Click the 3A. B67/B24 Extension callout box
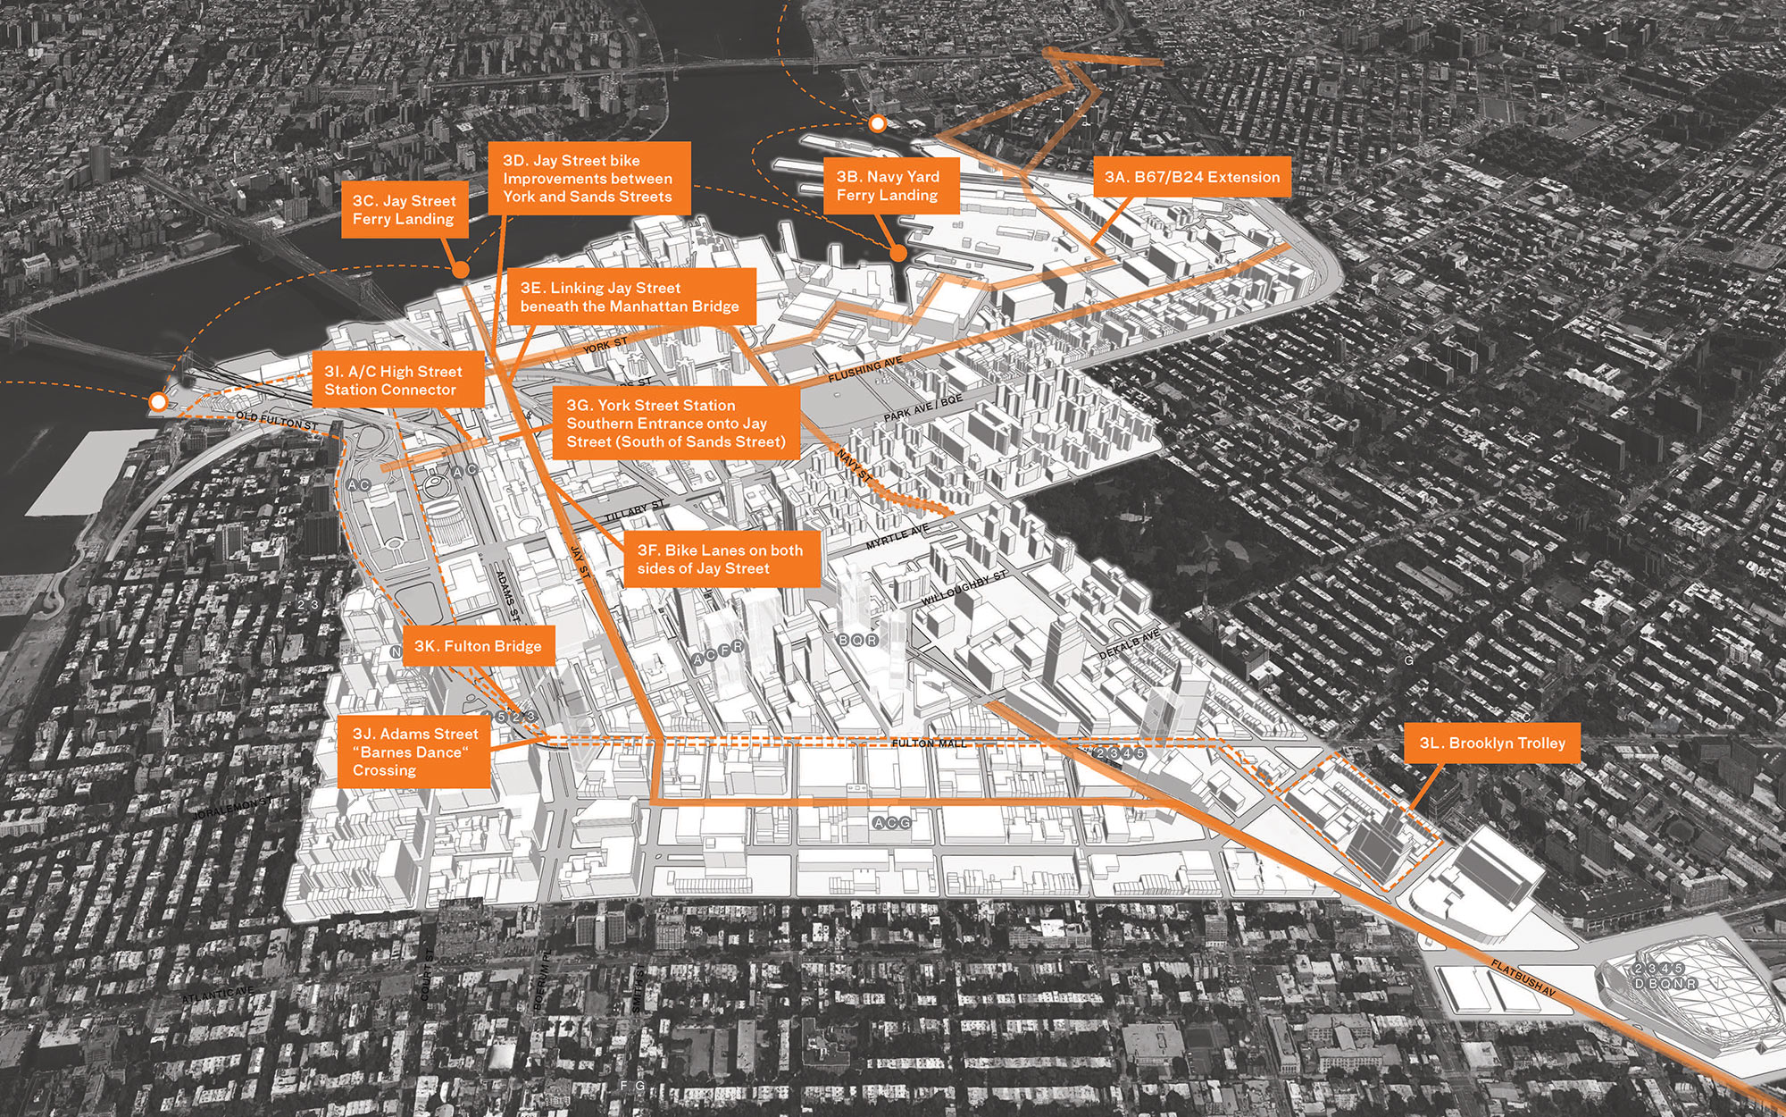(x=1191, y=177)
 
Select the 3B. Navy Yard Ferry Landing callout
(x=887, y=186)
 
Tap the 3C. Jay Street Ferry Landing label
(x=404, y=210)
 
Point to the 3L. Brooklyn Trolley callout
(x=1492, y=743)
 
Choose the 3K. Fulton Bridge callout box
(x=478, y=646)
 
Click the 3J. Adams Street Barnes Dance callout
(x=415, y=752)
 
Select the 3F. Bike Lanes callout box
(x=720, y=559)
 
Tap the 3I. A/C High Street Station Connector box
(x=393, y=381)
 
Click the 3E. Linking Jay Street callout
(x=630, y=297)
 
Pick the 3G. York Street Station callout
(x=676, y=424)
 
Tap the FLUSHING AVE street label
(x=865, y=371)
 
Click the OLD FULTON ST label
(x=277, y=420)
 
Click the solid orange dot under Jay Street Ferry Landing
(x=461, y=268)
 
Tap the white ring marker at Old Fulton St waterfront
(x=158, y=403)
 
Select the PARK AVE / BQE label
(x=923, y=408)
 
